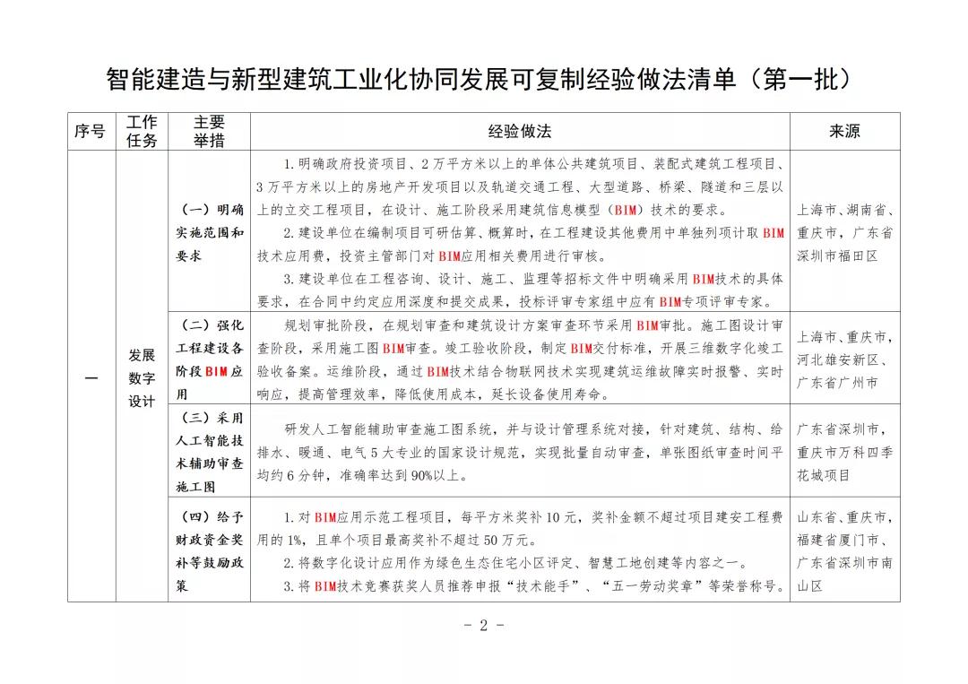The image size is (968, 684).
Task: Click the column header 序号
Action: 90,132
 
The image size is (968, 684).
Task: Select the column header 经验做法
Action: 519,132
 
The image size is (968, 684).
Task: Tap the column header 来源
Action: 844,132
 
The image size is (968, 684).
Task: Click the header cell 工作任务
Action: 142,132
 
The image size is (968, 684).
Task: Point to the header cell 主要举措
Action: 209,132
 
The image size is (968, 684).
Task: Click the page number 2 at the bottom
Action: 484,626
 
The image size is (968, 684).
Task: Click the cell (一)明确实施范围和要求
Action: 209,232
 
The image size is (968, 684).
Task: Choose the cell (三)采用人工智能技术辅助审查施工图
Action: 209,453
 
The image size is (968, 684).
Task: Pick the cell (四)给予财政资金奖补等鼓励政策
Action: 209,551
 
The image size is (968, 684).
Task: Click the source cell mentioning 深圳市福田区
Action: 844,232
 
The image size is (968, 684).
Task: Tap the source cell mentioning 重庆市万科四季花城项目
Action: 844,453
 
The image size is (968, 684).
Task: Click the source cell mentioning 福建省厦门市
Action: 844,551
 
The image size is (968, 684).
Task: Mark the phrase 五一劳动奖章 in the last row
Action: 658,587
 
